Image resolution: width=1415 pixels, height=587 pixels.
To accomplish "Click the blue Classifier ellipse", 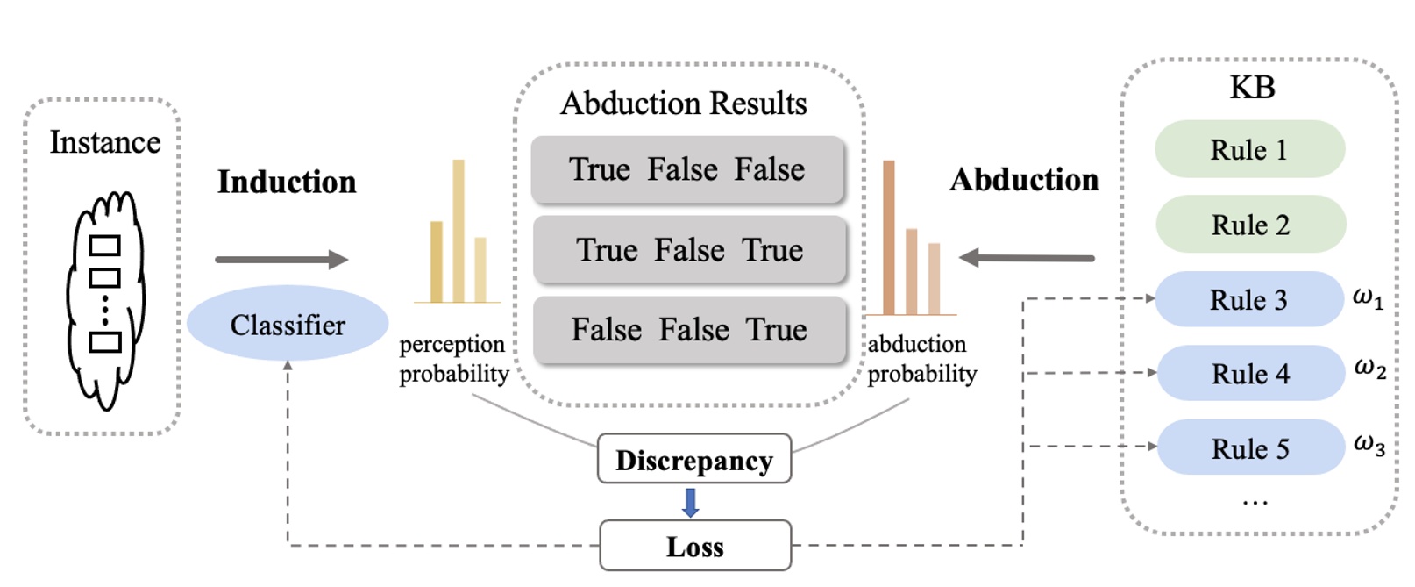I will pos(288,324).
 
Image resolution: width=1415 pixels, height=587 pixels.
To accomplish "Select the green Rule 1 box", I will pos(1249,150).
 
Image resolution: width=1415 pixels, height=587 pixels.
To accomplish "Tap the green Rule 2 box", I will pos(1250,225).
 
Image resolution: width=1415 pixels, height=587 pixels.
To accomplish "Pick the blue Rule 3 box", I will pos(1249,299).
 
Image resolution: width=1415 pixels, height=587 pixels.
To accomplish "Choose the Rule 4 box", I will pos(1250,374).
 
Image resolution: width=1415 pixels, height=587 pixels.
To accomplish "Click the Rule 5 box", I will pos(1250,448).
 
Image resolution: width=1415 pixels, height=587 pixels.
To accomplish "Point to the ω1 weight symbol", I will pos(1368,298).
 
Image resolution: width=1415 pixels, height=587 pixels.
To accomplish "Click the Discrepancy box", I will pos(694,459).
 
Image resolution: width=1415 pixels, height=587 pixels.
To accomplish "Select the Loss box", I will pos(695,546).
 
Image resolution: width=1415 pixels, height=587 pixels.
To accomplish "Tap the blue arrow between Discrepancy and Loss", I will pos(691,502).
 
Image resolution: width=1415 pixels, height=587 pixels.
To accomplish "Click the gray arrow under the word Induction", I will pos(281,259).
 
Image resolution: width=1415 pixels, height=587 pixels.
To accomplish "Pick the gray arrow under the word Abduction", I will pos(1027,258).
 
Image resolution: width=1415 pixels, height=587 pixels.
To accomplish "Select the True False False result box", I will pos(687,169).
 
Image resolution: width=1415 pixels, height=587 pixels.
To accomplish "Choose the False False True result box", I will pos(689,330).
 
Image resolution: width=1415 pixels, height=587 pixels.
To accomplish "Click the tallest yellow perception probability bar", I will pos(459,231).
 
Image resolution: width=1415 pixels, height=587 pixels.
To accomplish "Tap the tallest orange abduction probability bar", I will pos(889,237).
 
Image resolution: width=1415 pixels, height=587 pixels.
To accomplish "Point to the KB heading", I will pos(1252,88).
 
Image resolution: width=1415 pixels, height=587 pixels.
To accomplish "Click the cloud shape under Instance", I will pos(105,298).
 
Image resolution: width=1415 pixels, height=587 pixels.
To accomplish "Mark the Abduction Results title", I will pos(684,104).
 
